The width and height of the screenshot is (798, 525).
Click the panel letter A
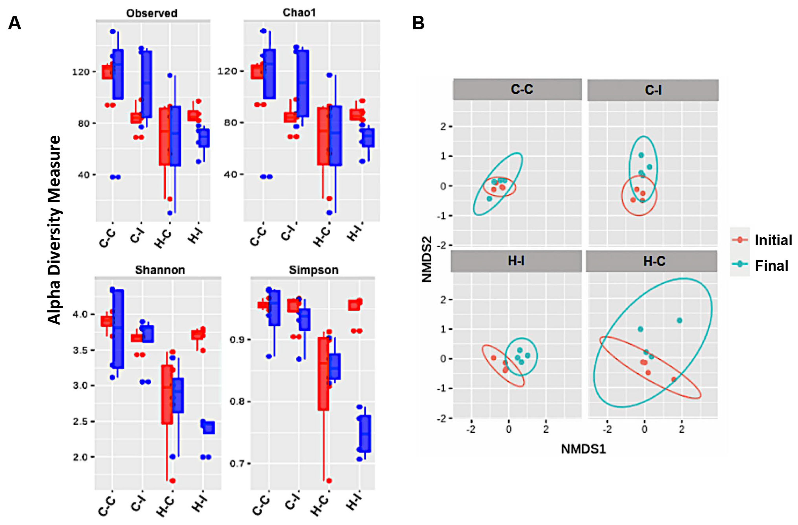coord(14,24)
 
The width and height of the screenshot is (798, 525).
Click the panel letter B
coord(418,24)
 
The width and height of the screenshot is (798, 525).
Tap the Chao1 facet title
coord(299,13)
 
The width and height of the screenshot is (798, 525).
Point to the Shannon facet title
coord(160,270)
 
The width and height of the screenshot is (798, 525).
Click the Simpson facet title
coord(313,270)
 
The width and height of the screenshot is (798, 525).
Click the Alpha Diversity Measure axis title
coord(54,230)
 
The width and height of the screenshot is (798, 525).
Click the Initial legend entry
coord(773,240)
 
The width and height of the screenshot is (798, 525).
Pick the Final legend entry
coord(771,266)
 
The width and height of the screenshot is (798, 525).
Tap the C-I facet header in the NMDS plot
coord(653,90)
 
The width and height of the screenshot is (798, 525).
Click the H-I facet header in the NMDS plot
coord(516,260)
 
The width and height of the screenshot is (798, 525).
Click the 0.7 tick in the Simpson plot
coord(236,464)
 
